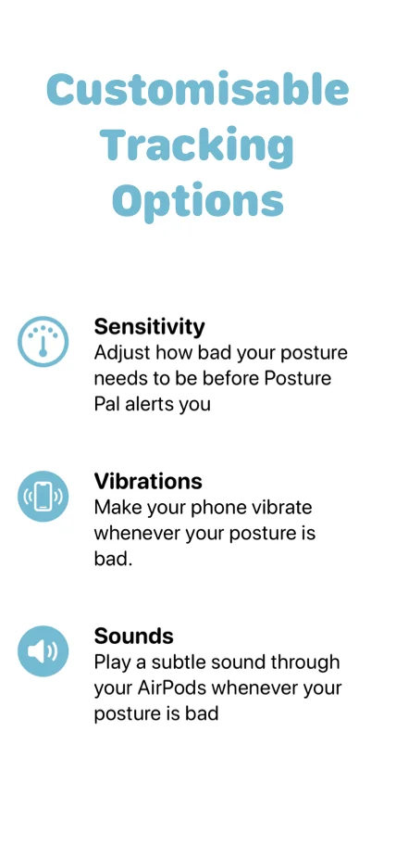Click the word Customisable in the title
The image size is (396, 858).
[x=197, y=91]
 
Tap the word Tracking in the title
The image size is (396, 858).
[x=197, y=145]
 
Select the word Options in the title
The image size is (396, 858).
[x=197, y=199]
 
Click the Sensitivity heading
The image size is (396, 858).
[x=149, y=326]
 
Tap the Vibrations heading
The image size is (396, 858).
[x=148, y=481]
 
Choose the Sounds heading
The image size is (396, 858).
[x=133, y=636]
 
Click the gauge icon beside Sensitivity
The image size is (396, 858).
[x=43, y=341]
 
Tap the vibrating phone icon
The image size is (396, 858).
[x=43, y=497]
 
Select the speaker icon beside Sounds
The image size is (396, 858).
[x=43, y=650]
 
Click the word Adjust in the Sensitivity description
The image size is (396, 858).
[x=121, y=353]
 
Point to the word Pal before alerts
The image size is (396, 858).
[x=109, y=404]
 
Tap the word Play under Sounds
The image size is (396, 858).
[x=113, y=662]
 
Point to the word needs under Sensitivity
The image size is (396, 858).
[x=121, y=379]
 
